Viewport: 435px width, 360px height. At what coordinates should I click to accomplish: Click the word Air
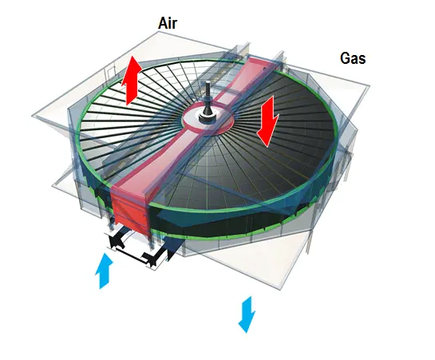168,23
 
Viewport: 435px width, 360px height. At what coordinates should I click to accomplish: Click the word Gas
353,58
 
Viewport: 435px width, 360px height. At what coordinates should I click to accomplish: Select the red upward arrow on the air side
132,81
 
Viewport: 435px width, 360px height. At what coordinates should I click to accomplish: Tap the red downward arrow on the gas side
267,121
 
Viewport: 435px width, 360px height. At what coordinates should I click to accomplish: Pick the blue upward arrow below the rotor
104,271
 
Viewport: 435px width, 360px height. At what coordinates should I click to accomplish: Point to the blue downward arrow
247,315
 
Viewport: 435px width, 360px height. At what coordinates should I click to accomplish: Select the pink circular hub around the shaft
208,119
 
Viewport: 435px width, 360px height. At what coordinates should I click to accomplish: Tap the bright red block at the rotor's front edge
130,208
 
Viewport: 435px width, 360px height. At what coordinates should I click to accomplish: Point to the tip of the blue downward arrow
246,332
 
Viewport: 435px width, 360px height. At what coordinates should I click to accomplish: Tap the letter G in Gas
345,58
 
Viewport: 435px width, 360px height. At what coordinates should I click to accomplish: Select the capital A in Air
163,23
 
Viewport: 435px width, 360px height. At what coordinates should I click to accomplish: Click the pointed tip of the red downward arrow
267,147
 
